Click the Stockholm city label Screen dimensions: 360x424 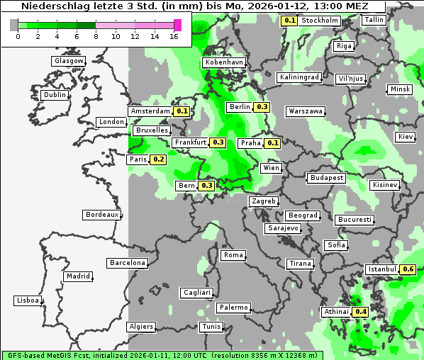(319, 21)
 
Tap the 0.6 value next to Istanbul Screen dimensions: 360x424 (408, 269)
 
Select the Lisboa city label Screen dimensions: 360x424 (28, 300)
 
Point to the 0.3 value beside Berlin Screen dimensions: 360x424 (262, 107)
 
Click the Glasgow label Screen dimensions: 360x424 (69, 61)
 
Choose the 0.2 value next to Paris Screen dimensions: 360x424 (159, 159)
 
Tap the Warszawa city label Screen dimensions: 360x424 (306, 111)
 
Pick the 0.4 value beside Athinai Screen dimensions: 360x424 (360, 312)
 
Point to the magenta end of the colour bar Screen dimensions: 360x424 (178, 25)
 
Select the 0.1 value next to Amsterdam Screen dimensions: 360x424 (182, 111)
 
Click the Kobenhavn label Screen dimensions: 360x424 (223, 62)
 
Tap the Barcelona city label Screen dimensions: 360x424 (128, 263)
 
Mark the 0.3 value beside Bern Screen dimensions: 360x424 (206, 186)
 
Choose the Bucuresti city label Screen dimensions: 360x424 (355, 220)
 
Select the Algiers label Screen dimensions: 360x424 (140, 327)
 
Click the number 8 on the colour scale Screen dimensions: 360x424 (96, 36)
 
